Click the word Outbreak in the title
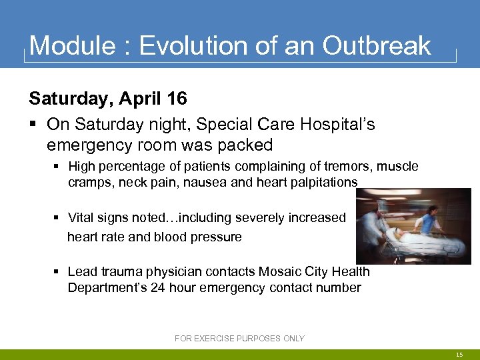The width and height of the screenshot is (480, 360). (x=377, y=46)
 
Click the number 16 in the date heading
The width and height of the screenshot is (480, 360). (x=177, y=99)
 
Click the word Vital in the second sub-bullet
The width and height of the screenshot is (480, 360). (x=81, y=217)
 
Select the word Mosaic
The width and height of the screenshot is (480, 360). (x=279, y=271)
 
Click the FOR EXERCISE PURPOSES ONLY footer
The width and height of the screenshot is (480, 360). (x=239, y=339)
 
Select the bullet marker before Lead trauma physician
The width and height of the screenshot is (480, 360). (x=59, y=271)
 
